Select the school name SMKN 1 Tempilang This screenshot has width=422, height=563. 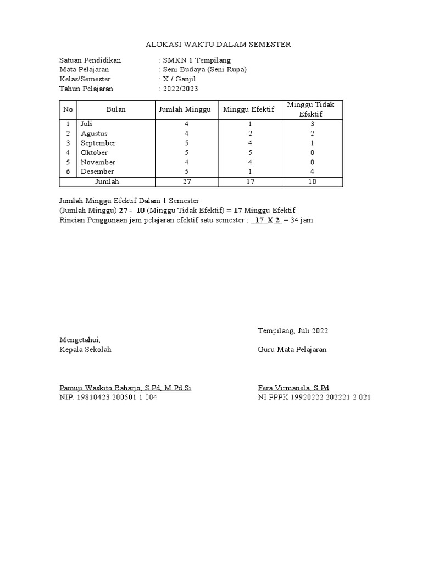tap(196, 60)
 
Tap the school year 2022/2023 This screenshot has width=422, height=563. tap(180, 89)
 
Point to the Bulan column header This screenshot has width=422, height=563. tap(116, 109)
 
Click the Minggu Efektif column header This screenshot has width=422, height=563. tap(248, 109)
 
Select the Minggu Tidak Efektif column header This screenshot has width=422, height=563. tap(312, 109)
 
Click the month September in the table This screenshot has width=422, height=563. tap(98, 143)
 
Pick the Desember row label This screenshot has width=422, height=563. tap(98, 172)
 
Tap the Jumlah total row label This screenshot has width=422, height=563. tap(107, 181)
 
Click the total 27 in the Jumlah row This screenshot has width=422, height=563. tap(187, 181)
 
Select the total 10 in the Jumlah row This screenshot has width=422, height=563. tap(312, 181)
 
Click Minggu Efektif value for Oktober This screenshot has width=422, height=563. tap(250, 152)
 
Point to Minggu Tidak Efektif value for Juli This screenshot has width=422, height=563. tap(312, 124)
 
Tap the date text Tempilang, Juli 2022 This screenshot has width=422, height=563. tap(293, 330)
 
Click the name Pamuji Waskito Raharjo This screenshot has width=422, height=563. tap(108, 388)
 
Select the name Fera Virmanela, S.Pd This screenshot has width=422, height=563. tap(293, 388)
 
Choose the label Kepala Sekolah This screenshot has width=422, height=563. tap(85, 350)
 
